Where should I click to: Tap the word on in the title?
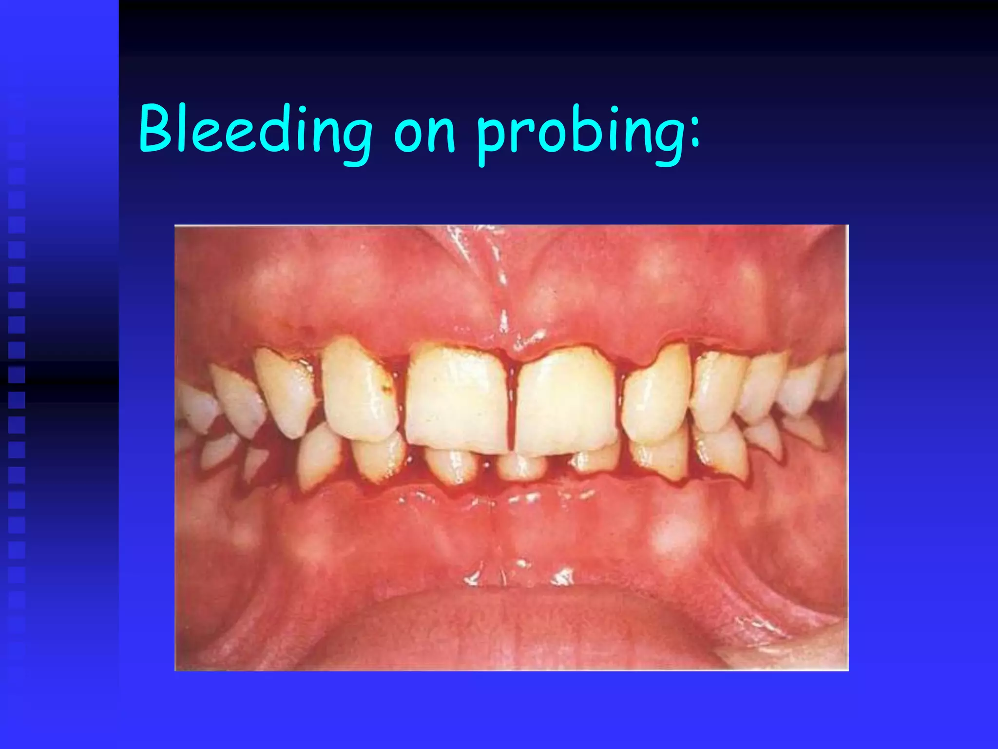pos(424,134)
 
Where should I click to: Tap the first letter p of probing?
pos(492,139)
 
